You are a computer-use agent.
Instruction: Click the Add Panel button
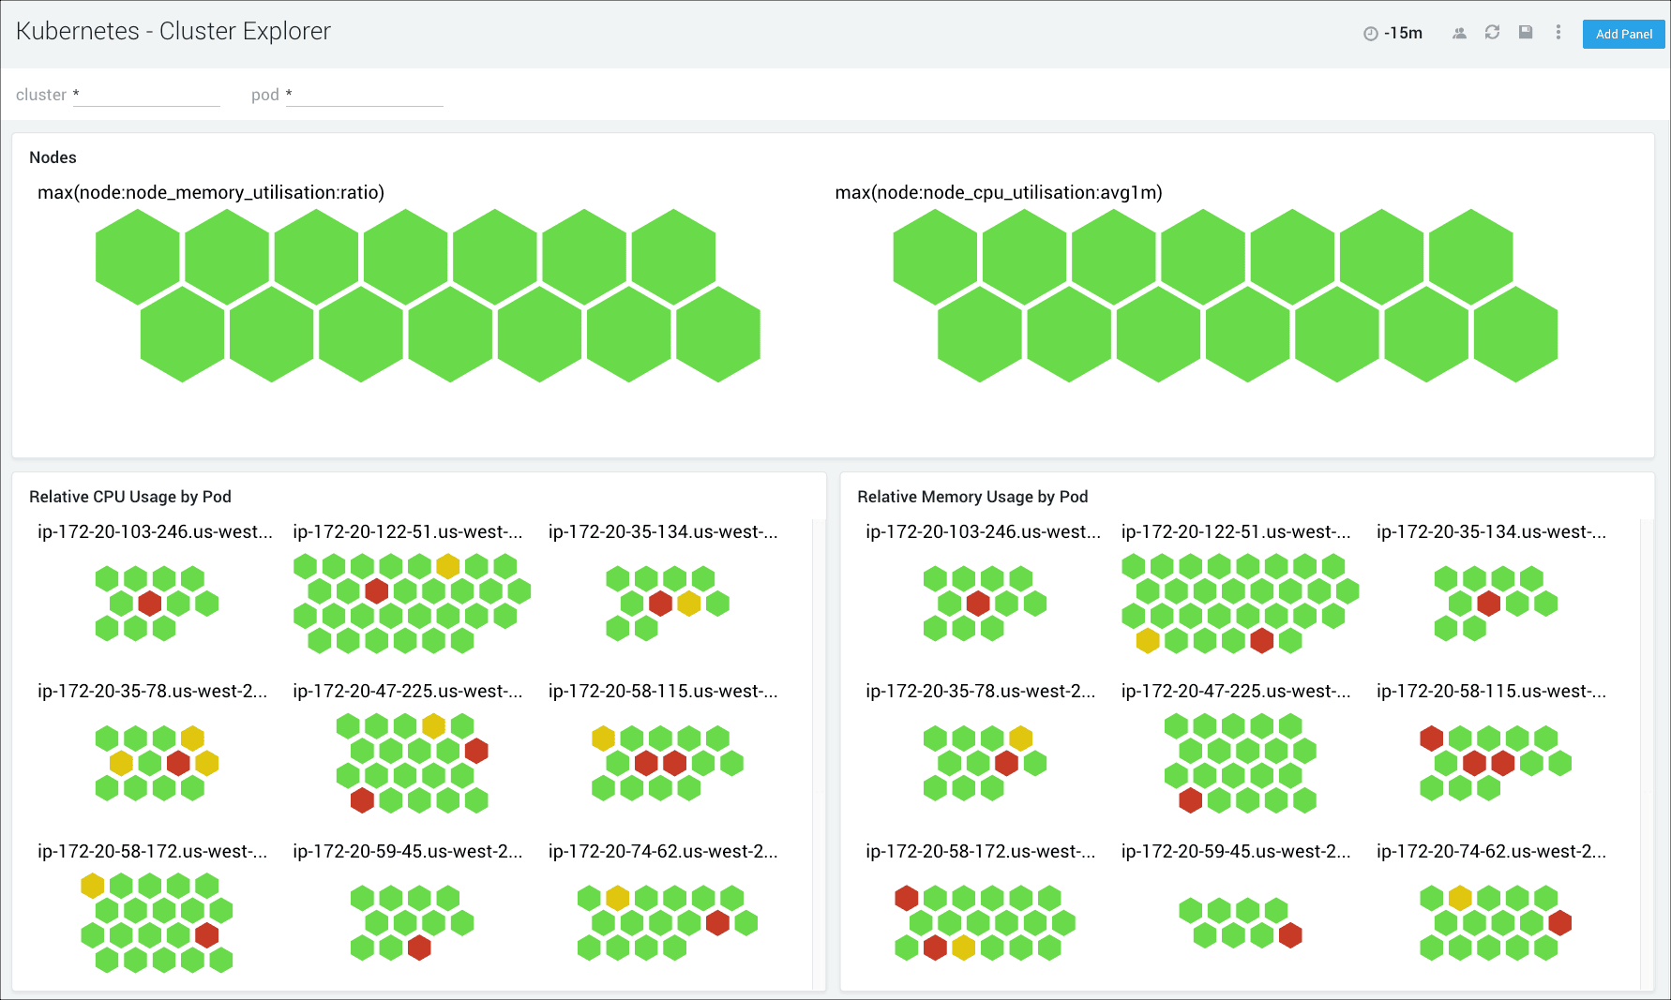pos(1623,35)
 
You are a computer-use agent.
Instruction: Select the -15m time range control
pos(1393,34)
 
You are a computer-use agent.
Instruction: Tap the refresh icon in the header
pos(1492,33)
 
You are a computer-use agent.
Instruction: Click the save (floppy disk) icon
pos(1526,33)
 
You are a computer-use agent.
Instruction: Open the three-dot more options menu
pos(1558,33)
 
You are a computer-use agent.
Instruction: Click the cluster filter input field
pos(146,95)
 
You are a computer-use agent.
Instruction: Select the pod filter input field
pos(365,95)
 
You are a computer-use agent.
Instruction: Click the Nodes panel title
pos(53,157)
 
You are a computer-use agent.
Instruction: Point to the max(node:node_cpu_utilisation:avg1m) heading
pos(999,192)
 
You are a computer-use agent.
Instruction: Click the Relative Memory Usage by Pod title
pos(972,497)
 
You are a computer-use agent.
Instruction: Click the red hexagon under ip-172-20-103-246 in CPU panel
pos(150,604)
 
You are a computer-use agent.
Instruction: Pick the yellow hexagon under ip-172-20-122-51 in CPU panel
pos(448,566)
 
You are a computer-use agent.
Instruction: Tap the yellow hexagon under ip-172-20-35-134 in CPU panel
pos(689,604)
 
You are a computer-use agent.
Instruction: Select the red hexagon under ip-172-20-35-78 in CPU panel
pos(178,763)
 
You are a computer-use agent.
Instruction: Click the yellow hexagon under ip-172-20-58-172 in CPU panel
pos(93,886)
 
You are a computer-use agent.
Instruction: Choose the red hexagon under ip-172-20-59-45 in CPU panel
pos(419,948)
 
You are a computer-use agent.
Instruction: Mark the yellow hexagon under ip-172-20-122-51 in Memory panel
pos(1148,641)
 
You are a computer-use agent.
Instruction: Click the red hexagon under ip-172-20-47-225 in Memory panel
pos(1191,800)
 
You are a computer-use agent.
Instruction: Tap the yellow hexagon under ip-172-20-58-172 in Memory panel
pos(963,948)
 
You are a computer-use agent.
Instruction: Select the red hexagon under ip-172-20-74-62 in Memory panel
pos(1560,923)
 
